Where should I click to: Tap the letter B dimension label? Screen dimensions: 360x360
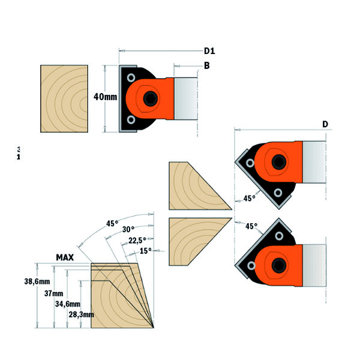206,66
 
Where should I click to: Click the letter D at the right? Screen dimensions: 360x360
325,124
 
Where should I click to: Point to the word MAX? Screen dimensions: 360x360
65,257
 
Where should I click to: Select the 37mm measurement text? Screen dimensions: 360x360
53,294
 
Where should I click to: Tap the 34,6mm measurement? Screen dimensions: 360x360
68,305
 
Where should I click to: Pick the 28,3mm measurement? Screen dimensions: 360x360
81,314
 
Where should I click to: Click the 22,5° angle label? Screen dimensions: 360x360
137,241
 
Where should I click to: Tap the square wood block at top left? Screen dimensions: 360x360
64,99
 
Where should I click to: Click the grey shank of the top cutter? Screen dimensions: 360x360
187,97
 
